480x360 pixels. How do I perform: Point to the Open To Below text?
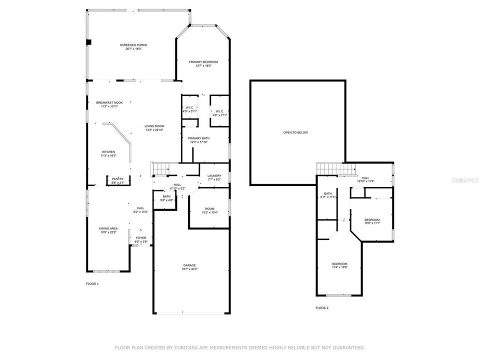(296, 132)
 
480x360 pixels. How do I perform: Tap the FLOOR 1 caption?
(92, 283)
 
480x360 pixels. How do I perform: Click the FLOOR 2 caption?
(322, 307)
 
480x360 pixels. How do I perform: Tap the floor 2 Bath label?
(328, 195)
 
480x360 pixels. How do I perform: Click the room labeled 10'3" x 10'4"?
(209, 210)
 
